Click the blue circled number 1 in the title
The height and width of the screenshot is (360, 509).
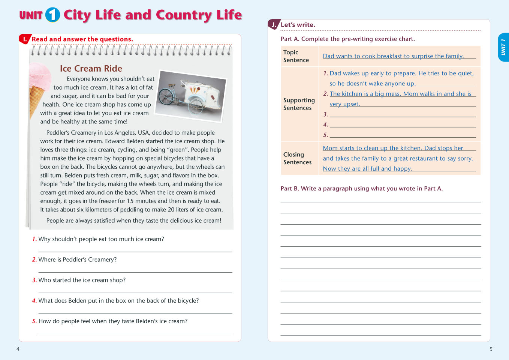pos(52,15)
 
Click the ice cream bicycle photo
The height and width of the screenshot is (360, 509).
pos(191,96)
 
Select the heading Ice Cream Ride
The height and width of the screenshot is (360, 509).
pos(91,69)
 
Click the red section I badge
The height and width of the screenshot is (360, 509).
pos(25,39)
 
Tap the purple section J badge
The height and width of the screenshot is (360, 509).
pos(274,25)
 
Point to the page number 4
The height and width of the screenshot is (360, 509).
pos(18,349)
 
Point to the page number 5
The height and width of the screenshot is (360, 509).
pos(491,349)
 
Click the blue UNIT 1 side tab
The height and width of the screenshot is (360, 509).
pos(503,47)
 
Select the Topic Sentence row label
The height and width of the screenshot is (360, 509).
pos(296,56)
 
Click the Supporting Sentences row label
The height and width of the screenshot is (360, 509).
pos(299,104)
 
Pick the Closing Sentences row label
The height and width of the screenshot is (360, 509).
pos(297,158)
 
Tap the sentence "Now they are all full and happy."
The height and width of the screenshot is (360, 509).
pos(367,169)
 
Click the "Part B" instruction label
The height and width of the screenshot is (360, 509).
pos(289,189)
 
